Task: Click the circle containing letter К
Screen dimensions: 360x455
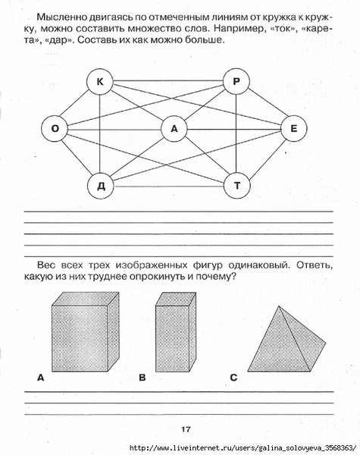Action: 100,82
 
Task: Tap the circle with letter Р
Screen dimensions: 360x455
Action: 236,81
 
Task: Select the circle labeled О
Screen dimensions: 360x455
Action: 55,128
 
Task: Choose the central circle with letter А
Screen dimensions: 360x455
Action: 174,128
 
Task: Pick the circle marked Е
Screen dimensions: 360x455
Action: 293,128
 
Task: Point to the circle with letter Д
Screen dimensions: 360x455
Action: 101,186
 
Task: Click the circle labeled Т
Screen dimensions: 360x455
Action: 237,185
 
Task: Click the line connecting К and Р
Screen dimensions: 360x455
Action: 168,80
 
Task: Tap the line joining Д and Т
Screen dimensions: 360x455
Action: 169,186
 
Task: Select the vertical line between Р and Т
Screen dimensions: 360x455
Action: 236,133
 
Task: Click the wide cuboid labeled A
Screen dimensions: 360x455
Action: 86,331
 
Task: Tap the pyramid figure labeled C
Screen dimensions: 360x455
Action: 286,339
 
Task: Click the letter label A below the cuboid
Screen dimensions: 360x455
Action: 41,378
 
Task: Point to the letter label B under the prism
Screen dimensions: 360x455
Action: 142,378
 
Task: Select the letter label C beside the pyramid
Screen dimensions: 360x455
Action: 233,378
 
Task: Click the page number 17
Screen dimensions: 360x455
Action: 186,429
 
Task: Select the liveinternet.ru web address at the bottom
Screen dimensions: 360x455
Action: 243,447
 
